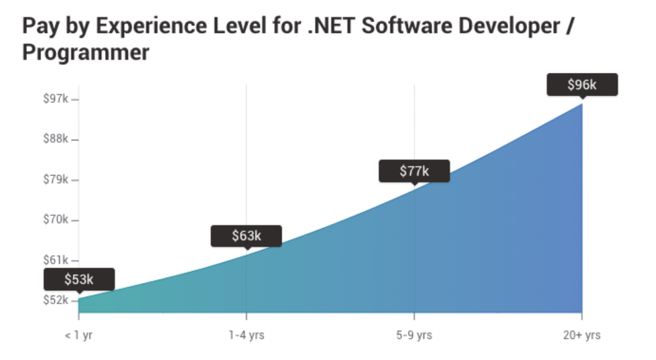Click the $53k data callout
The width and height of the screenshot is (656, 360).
click(x=79, y=279)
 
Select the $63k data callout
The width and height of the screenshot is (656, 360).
click(x=246, y=236)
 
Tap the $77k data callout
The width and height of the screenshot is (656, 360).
click(x=414, y=171)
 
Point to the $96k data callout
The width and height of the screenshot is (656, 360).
click(x=582, y=85)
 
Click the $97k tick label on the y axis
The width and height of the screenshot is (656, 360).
click(x=56, y=99)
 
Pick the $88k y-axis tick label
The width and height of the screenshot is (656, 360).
click(x=56, y=139)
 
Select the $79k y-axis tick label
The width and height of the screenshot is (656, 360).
click(x=56, y=179)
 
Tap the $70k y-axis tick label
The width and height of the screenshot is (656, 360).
click(x=56, y=220)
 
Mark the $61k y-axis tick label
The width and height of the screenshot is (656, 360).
click(x=56, y=260)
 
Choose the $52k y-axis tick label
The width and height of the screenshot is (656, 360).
click(x=56, y=300)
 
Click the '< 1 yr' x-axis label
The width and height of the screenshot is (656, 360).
click(x=79, y=335)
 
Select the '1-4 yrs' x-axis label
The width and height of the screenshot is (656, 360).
click(x=246, y=335)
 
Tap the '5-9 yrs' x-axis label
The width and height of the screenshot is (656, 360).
click(x=414, y=335)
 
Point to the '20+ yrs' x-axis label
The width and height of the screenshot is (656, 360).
click(x=582, y=335)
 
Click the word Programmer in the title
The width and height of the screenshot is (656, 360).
click(x=85, y=53)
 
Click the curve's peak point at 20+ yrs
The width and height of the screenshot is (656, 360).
click(x=582, y=103)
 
